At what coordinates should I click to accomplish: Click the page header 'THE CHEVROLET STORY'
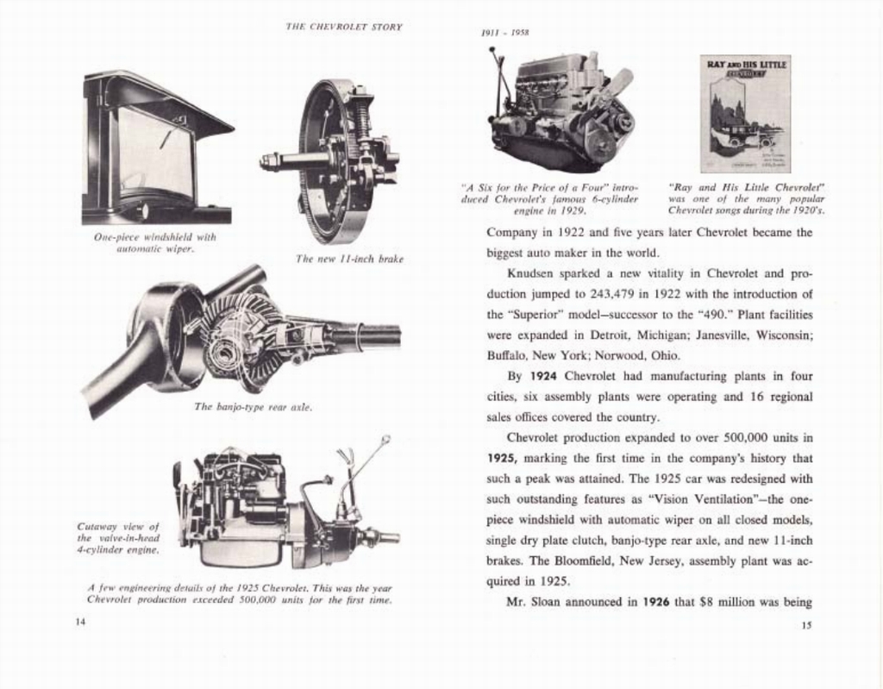tap(343, 27)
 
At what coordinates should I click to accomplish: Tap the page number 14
tap(80, 623)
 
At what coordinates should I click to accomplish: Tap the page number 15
tap(805, 625)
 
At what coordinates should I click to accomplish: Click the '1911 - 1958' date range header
tap(504, 33)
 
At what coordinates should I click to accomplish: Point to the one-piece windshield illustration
tap(155, 148)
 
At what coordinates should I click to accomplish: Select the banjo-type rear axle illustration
tap(241, 339)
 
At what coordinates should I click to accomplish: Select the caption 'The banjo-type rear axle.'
tap(252, 406)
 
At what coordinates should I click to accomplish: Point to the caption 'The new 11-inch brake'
tap(348, 259)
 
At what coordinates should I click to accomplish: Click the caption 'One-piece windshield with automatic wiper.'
tap(155, 242)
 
